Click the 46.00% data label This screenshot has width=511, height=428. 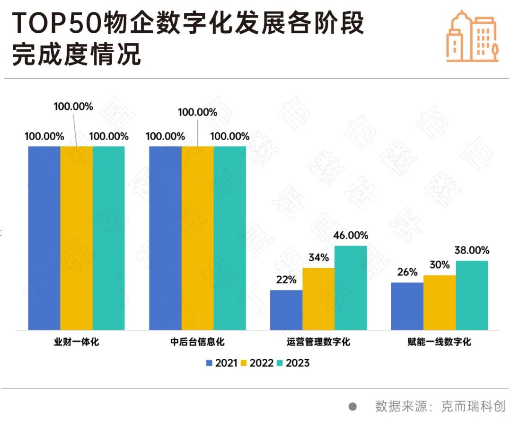pos(351,236)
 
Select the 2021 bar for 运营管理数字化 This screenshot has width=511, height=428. pos(286,310)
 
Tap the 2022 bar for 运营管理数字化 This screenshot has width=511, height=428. pos(318,299)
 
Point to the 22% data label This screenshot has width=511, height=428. pos(286,280)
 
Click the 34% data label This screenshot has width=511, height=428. pos(318,258)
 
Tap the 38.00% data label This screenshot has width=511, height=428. pos(472,250)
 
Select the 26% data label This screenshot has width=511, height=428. pos(407,273)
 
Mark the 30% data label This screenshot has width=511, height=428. pos(440,265)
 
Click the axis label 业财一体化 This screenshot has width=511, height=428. pos(76,342)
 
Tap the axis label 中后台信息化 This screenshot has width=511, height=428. pos(197,342)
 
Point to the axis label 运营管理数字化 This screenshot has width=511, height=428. pos(318,342)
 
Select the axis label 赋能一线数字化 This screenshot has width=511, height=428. pos(440,342)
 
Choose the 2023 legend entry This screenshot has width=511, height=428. pos(292,363)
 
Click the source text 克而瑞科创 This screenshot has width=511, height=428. pos(473,406)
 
